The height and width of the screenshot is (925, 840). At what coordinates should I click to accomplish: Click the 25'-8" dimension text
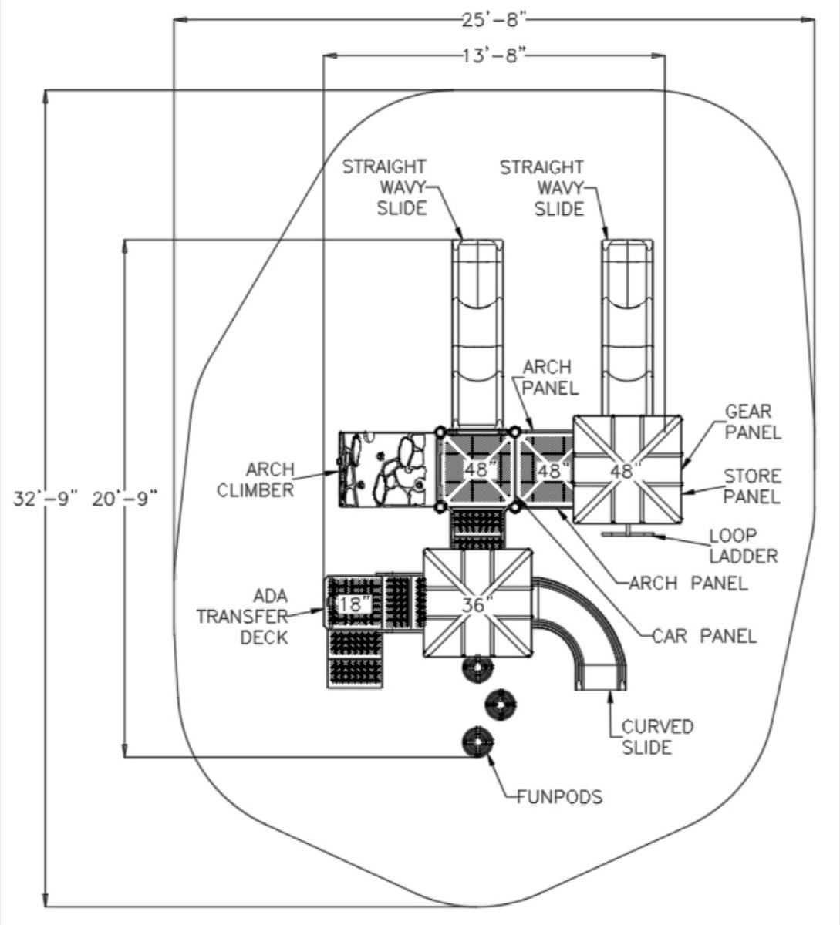[x=494, y=20]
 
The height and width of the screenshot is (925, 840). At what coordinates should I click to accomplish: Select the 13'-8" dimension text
[x=494, y=56]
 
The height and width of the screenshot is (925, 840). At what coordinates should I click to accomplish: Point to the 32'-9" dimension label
[x=46, y=499]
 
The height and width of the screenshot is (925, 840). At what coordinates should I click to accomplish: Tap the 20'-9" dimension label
[x=125, y=499]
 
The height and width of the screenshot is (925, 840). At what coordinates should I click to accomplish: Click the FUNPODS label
[x=559, y=797]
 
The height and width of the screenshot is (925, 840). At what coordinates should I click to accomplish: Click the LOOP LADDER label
[x=743, y=546]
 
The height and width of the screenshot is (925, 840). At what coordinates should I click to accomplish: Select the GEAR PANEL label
[x=753, y=422]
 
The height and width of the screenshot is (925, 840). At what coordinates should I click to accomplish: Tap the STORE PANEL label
[x=752, y=486]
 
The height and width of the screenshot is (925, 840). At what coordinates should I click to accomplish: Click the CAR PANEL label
[x=704, y=637]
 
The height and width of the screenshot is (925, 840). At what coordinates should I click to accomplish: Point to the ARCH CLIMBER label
[x=255, y=479]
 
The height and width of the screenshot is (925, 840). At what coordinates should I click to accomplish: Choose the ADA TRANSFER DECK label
[x=242, y=617]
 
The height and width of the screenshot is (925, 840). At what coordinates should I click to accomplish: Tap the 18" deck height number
[x=355, y=604]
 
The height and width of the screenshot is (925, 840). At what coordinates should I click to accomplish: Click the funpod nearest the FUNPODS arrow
[x=478, y=742]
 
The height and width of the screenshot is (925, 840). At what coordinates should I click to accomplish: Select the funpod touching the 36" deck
[x=477, y=668]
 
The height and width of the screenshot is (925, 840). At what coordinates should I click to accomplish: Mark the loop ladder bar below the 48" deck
[x=628, y=534]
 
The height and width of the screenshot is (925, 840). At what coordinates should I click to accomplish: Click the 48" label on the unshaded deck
[x=626, y=471]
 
